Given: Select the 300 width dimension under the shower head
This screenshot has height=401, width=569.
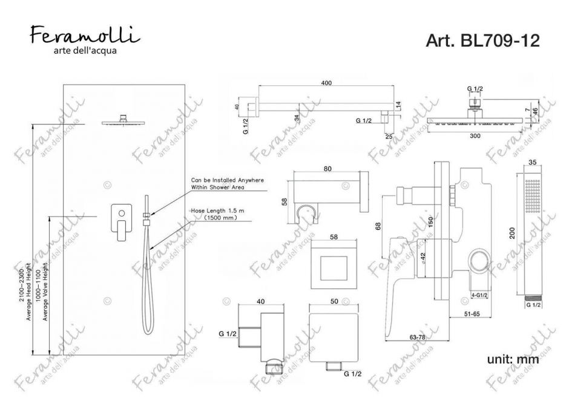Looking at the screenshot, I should point(475,136).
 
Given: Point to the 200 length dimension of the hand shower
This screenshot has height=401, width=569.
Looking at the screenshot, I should point(512,233).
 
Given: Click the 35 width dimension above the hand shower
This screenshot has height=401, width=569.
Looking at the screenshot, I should point(533,162).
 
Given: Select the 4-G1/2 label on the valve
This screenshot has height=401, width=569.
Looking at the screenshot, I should point(481,295).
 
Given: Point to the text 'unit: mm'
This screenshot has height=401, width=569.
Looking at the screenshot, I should point(513,360).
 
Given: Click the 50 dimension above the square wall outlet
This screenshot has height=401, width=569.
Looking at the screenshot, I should point(331,301).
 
